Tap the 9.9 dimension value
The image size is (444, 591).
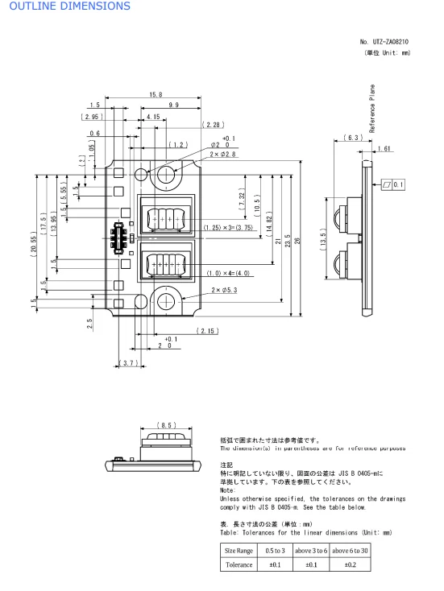(173, 105)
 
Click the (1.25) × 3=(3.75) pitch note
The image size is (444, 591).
(230, 227)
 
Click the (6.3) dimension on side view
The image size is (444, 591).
(351, 138)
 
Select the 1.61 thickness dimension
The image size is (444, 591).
(384, 150)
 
